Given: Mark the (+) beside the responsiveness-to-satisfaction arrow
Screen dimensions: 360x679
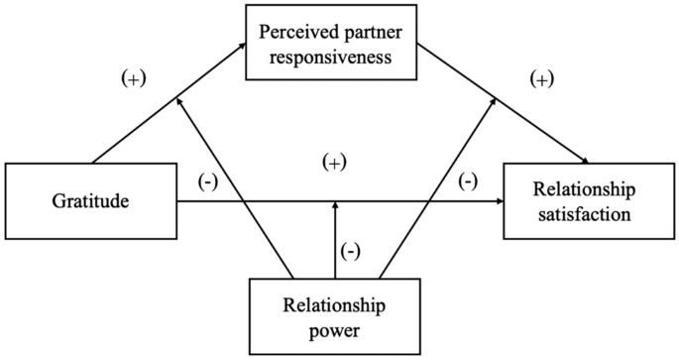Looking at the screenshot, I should [x=541, y=79].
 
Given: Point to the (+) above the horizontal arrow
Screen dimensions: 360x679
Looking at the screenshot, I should [x=335, y=163].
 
